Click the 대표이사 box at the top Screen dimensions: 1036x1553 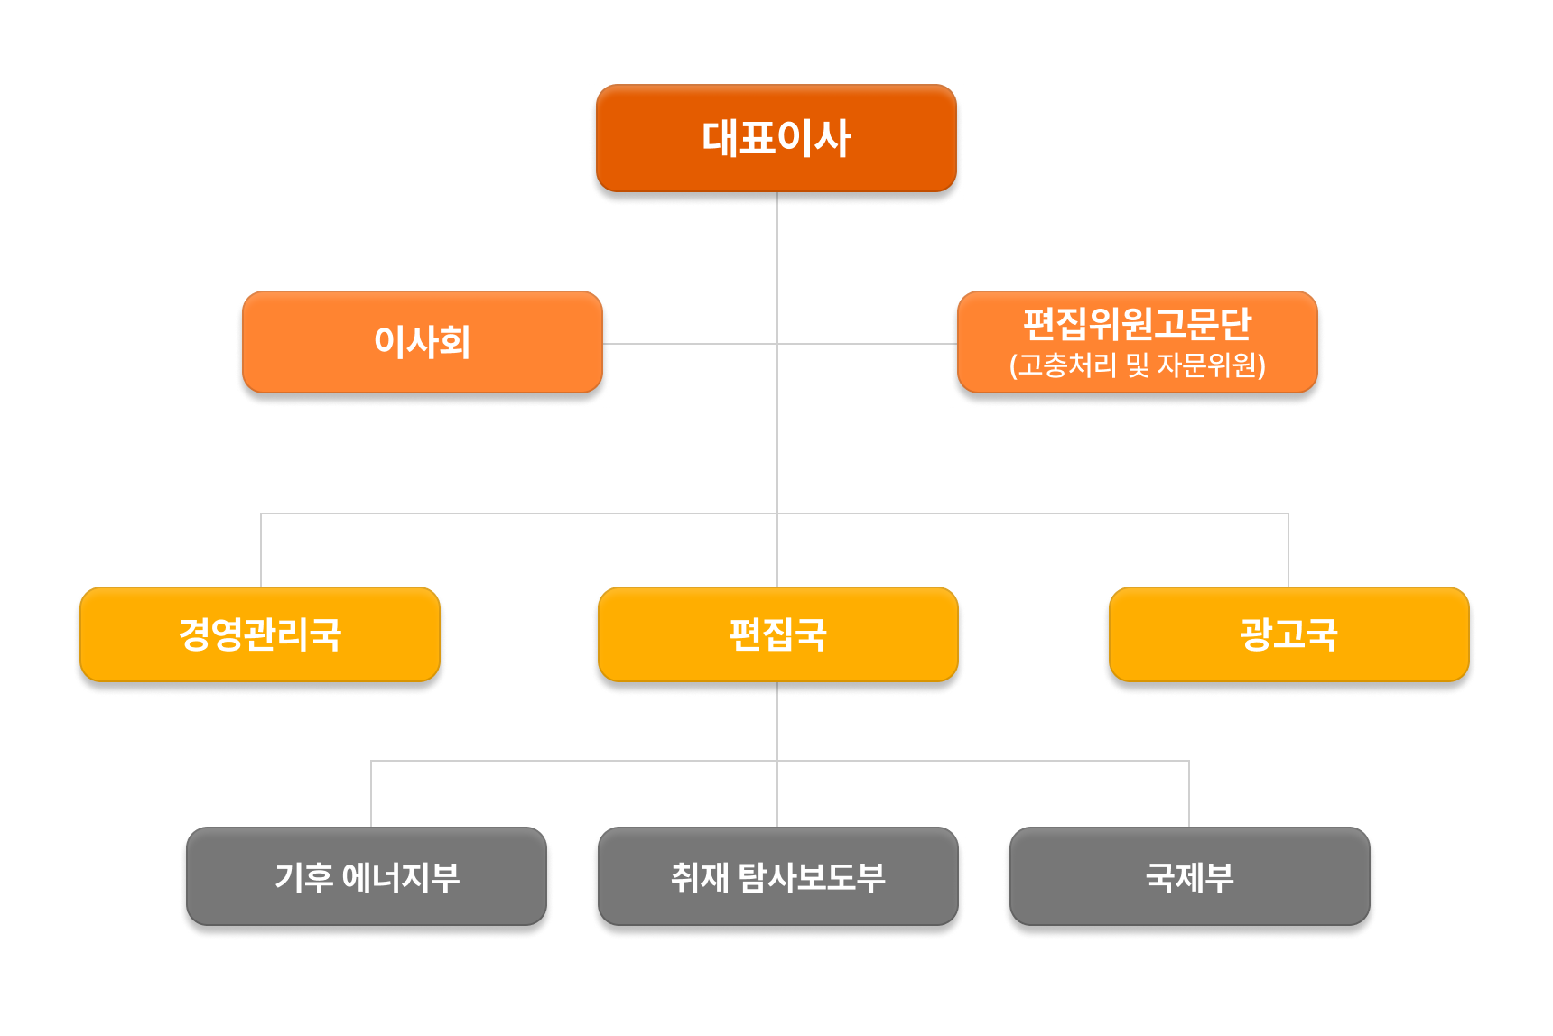pyautogui.click(x=776, y=138)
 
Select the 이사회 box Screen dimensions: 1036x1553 pyautogui.click(x=422, y=342)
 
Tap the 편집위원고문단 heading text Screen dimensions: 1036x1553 pyautogui.click(x=1137, y=323)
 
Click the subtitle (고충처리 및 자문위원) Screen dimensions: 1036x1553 pyautogui.click(x=1137, y=365)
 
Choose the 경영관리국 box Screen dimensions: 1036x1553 pyautogui.click(x=260, y=634)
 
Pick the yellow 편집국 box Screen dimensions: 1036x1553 pyautogui.click(x=777, y=634)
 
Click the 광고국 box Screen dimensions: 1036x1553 pyautogui.click(x=1288, y=634)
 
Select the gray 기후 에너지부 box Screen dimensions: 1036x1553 pyautogui.click(x=367, y=877)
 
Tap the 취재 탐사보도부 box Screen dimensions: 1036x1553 pyautogui.click(x=777, y=877)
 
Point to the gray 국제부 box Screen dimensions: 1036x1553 pyautogui.click(x=1189, y=877)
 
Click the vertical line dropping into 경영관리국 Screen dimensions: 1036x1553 pyautogui.click(x=261, y=550)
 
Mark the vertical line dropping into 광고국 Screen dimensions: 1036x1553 pyautogui.click(x=1288, y=550)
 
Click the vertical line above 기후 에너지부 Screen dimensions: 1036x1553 pyautogui.click(x=371, y=794)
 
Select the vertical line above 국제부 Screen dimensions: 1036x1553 pyautogui.click(x=1189, y=794)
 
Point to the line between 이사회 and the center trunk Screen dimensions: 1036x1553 pyautogui.click(x=691, y=343)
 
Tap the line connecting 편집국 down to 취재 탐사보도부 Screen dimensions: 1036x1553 pyautogui.click(x=777, y=794)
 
